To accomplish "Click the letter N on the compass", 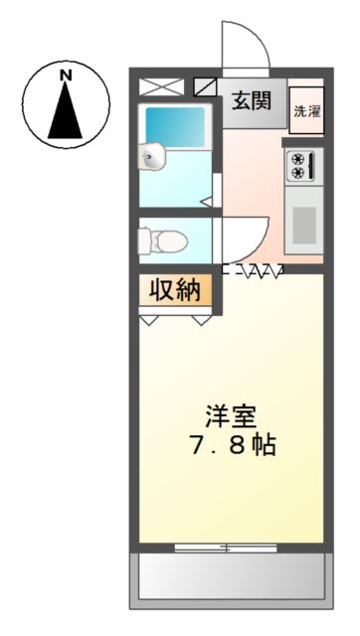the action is tap(66, 75).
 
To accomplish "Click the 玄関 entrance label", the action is tap(252, 100).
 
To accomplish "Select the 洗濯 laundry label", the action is tap(307, 111).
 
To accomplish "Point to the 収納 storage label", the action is tap(175, 290).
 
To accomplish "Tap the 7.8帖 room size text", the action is tap(233, 446).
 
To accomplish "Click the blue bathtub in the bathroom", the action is tap(175, 126).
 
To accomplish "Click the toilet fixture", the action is tap(162, 240).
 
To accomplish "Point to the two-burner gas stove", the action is tap(301, 166).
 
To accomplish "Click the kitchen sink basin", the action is tap(304, 226).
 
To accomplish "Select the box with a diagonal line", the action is tap(206, 87).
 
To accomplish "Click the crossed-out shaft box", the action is tap(161, 87).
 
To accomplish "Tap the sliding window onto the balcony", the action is tap(226, 548).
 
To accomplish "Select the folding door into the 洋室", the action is tap(253, 270).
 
